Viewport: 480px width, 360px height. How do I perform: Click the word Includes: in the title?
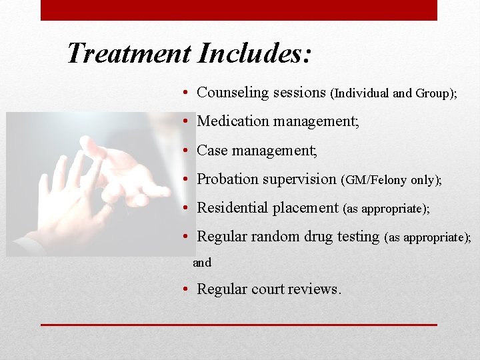pyautogui.click(x=254, y=53)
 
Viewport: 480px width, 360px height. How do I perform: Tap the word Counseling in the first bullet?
pyautogui.click(x=229, y=93)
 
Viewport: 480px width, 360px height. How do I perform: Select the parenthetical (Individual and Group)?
pyautogui.click(x=393, y=94)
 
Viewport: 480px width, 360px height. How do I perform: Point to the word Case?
pyautogui.click(x=213, y=150)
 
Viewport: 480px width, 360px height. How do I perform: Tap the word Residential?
pyautogui.click(x=234, y=207)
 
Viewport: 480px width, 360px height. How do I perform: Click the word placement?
pyautogui.click(x=307, y=208)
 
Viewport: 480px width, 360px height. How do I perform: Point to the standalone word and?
pyautogui.click(x=202, y=263)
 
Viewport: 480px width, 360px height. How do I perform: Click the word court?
pyautogui.click(x=268, y=289)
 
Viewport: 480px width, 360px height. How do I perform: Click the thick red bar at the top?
pyautogui.click(x=239, y=10)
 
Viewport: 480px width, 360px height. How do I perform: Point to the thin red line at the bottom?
pyautogui.click(x=239, y=325)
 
